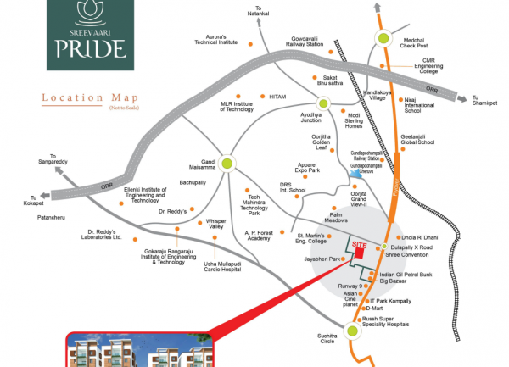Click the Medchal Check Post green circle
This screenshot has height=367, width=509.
384,37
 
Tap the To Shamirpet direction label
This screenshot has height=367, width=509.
486,102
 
